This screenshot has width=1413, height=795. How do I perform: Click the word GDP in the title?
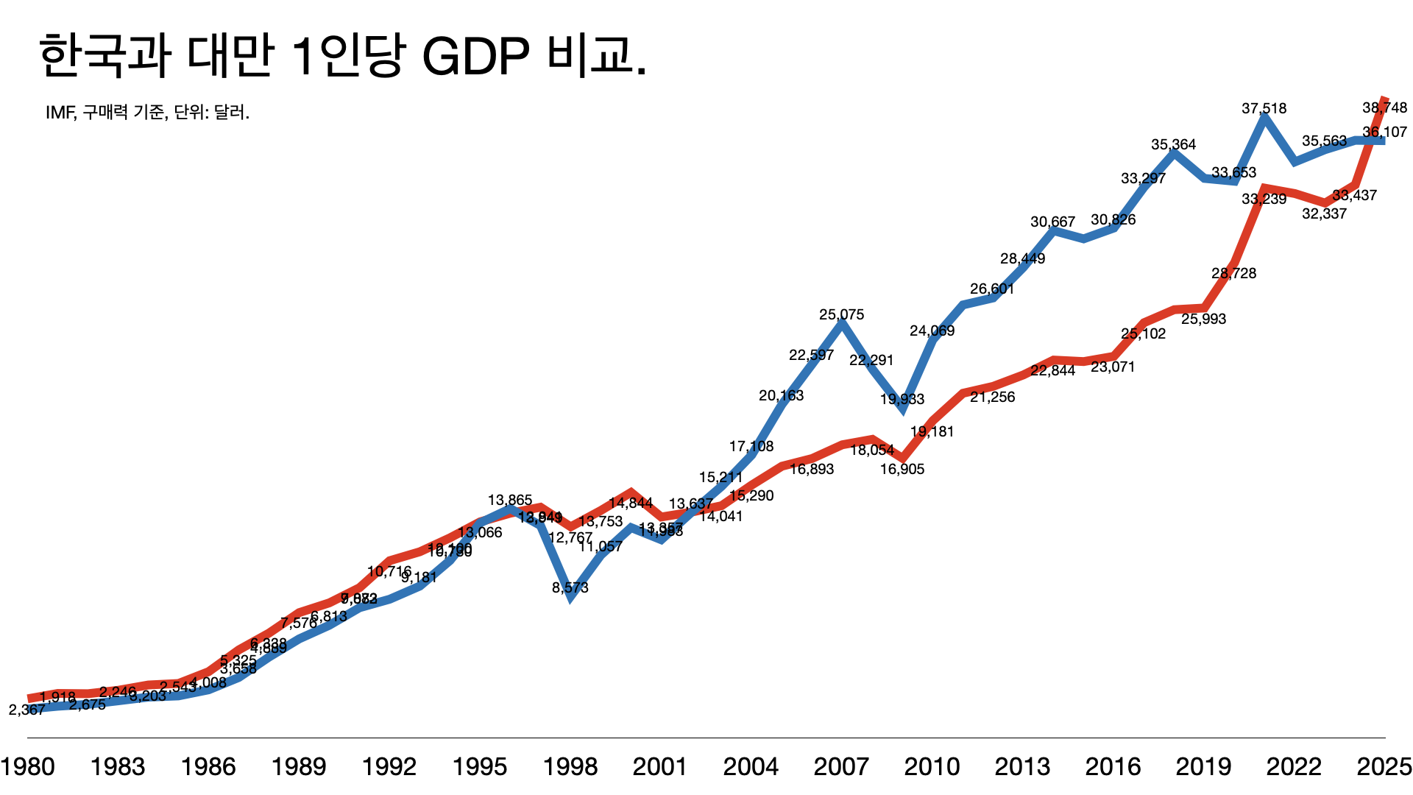coord(475,57)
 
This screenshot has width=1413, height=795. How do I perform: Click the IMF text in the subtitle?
coord(60,113)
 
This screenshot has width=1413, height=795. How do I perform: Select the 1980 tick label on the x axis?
coord(28,767)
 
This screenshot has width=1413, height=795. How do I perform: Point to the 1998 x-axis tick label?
coord(570,767)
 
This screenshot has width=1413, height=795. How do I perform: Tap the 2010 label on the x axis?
coord(932,767)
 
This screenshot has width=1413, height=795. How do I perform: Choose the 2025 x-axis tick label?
coord(1384,767)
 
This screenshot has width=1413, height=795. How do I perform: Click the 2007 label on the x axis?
coord(841,767)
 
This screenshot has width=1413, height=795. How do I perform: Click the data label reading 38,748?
coord(1384,107)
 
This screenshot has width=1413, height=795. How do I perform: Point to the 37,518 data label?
coord(1264,108)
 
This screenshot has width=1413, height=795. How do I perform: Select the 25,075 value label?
coord(841,314)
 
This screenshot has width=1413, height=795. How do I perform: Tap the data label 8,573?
coord(570,587)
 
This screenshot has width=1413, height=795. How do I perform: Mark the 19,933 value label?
coord(902,399)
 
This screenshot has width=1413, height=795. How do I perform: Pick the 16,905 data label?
coord(902,469)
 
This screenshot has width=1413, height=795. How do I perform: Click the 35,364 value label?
coord(1173,144)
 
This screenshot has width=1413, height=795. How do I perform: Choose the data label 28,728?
coord(1233,273)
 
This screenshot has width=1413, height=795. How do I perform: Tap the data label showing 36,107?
coord(1384,132)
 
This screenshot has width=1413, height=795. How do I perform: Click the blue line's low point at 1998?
coord(571,598)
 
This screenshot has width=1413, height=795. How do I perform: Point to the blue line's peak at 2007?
coord(842,324)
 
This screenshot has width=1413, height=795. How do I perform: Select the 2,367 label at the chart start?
coord(26,710)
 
